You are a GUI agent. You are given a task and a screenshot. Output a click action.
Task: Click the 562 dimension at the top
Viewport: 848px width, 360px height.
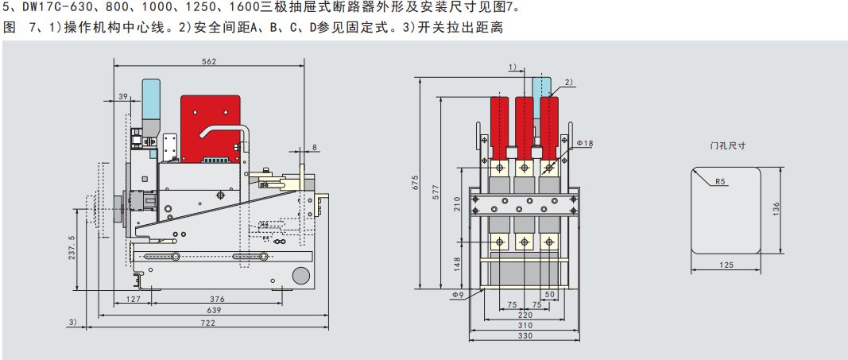pos(209,61)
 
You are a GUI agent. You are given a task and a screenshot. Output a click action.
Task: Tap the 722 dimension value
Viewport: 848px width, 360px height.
pos(208,323)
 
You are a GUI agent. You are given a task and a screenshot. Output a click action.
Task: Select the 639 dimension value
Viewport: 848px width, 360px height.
pos(214,310)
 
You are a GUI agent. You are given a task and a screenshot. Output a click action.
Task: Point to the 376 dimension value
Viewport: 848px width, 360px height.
pos(217,298)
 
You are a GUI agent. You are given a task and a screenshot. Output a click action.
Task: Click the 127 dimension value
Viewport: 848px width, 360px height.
pos(133,298)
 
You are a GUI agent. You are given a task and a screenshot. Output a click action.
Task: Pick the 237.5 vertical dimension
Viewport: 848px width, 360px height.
pos(72,249)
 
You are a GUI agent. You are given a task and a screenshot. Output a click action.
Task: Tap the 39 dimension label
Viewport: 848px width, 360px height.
pos(122,96)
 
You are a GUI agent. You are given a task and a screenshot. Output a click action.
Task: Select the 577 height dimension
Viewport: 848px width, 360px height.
pos(436,193)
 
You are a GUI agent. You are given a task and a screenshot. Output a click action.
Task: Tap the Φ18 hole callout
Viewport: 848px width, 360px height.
pos(585,143)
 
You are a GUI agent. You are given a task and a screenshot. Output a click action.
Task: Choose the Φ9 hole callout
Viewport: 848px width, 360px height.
pos(458,295)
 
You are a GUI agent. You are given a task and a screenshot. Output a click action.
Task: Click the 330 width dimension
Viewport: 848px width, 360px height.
pos(525,335)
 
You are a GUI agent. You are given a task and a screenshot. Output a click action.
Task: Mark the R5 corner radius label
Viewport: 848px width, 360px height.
pos(720,182)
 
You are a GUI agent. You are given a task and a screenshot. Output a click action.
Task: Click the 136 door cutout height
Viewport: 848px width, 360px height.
pos(776,210)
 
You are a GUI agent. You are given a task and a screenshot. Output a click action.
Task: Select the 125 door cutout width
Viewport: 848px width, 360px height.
pos(727,265)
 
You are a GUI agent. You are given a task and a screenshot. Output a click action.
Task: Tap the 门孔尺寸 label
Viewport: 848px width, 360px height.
pos(727,146)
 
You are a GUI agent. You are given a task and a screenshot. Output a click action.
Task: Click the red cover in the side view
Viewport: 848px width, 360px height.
pos(211,129)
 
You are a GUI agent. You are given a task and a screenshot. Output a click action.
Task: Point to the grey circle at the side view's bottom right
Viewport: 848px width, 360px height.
pos(300,275)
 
